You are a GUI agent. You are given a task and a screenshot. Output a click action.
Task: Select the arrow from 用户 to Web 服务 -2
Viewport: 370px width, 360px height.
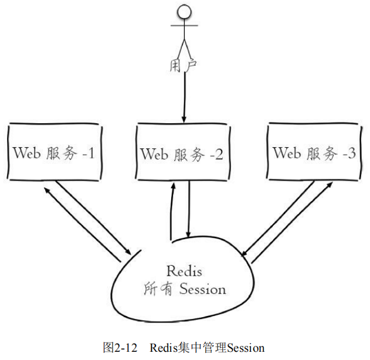[x=184, y=97]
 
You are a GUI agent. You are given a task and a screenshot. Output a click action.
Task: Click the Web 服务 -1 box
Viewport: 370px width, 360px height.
[x=53, y=154]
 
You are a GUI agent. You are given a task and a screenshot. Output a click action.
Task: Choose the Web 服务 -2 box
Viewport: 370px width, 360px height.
[x=182, y=154]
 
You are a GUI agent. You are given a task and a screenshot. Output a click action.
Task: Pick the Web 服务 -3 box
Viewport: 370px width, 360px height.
[x=314, y=154]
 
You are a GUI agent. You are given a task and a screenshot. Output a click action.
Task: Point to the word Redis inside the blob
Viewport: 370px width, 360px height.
[x=184, y=271]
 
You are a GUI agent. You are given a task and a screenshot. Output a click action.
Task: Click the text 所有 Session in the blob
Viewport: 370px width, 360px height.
[x=184, y=289]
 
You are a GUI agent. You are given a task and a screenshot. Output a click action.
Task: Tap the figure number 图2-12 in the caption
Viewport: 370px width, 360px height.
[x=120, y=348]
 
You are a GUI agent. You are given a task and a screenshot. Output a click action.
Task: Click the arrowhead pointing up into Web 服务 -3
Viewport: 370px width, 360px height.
[x=330, y=185]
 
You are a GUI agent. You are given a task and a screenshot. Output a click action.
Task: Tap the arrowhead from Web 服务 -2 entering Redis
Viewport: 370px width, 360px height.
[x=188, y=233]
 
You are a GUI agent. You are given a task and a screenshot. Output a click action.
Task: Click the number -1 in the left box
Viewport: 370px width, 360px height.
[x=88, y=154]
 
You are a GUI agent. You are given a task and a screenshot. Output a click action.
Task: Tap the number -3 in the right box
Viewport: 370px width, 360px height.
[x=348, y=154]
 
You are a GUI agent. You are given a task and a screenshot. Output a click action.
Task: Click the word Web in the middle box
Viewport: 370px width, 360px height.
[x=154, y=155]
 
